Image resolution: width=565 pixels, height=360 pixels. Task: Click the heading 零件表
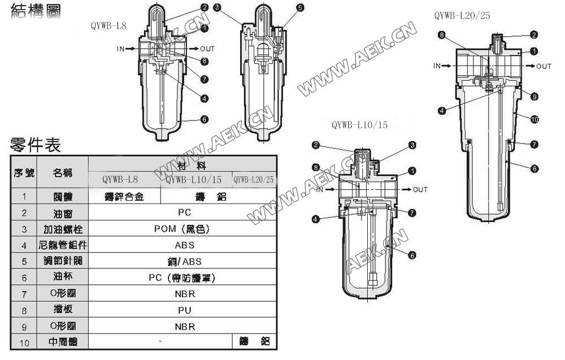click(36, 145)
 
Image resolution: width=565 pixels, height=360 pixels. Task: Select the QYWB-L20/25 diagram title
click(462, 16)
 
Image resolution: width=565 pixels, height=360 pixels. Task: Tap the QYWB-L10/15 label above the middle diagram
click(360, 125)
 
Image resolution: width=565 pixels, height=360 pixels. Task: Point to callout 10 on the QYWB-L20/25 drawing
click(534, 119)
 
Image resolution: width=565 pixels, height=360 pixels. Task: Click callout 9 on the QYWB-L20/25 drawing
click(534, 97)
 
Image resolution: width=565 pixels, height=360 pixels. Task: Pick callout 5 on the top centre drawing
click(299, 8)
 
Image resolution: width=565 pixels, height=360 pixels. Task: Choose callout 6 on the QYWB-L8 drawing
click(204, 120)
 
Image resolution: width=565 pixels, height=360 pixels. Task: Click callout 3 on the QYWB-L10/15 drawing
click(412, 145)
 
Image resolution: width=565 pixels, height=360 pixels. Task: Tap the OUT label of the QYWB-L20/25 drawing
click(544, 66)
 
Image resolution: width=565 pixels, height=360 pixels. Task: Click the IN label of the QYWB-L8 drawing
click(121, 49)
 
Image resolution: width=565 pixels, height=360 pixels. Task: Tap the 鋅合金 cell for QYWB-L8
click(124, 197)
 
